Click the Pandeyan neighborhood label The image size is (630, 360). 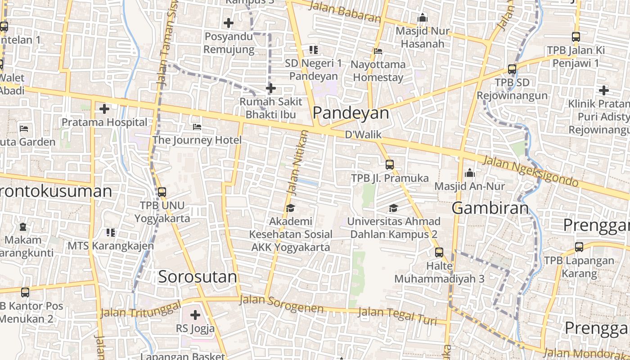point(351,113)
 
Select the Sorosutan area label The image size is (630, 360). point(197,277)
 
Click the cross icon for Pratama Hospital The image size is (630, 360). point(104,109)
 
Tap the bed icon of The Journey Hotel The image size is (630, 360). point(197,127)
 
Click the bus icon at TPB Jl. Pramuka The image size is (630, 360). point(390,165)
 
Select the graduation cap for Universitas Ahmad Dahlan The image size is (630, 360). point(394,208)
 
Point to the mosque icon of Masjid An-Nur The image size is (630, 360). point(470,173)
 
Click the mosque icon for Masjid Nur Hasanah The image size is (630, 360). point(422,18)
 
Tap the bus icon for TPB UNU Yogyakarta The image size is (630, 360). point(162,192)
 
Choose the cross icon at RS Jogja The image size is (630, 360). point(195,315)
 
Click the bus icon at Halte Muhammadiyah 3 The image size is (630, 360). point(439,252)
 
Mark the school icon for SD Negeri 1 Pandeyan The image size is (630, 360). point(314,50)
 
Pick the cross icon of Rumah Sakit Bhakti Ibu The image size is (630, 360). point(270,88)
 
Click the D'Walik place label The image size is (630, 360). point(363,135)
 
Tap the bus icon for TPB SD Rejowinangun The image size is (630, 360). point(512,69)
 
